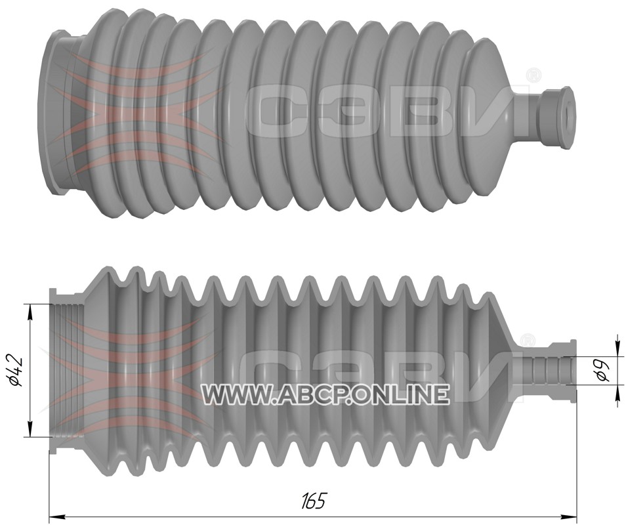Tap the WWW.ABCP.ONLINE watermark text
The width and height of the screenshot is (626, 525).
(324, 394)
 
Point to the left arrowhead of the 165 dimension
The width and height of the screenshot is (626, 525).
(56, 516)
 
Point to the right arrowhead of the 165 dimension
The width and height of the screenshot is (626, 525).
(569, 516)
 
